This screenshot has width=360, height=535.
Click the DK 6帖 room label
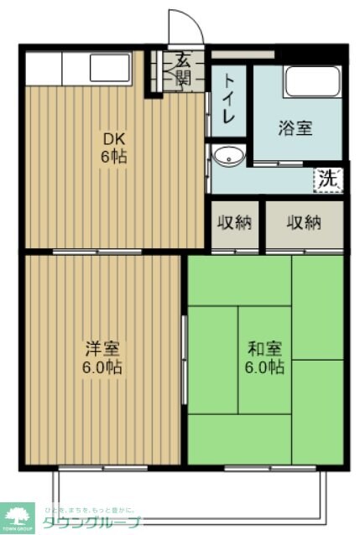point(115,148)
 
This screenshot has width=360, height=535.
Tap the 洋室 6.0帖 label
point(103,356)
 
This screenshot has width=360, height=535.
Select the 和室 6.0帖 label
point(265,356)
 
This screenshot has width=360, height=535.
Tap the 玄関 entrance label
point(182,70)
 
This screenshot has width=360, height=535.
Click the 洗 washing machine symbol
point(329,178)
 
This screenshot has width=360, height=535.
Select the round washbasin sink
point(227,156)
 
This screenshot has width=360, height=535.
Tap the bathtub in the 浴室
point(311,82)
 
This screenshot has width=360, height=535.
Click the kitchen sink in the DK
point(109,67)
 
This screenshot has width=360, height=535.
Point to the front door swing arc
point(186,25)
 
